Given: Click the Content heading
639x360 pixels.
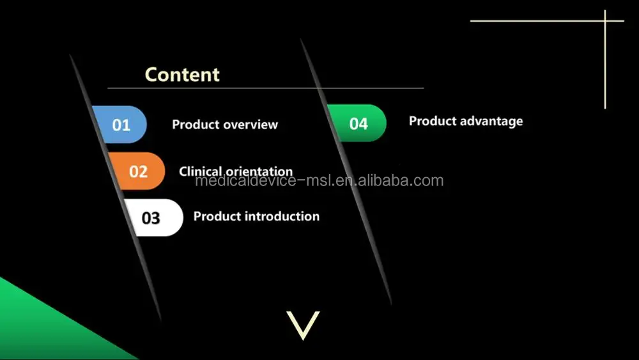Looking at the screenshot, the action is coord(182,75).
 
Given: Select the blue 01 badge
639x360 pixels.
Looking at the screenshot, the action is coord(119,124).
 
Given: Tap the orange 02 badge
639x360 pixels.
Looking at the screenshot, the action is coord(137,171).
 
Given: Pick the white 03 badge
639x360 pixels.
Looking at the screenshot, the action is coord(154,217).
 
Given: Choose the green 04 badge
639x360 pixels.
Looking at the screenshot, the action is coord(357,123).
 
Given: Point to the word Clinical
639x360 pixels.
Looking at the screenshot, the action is coord(199,171).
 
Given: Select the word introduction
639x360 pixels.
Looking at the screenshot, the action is coord(282,216).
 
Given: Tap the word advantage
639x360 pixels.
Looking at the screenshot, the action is coord(495,121).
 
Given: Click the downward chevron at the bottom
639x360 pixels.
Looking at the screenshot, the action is coord(303,325).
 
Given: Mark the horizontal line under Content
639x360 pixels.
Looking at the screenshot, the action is coord(266,88).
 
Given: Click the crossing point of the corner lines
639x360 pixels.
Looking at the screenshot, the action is coord(605,20).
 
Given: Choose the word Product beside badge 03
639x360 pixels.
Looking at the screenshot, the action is coord(217,216).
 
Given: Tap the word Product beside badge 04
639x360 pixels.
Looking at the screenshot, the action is coord(436,121).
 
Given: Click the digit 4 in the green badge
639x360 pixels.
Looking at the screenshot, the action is coord(364,123).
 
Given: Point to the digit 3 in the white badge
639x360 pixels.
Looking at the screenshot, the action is coord(156,218).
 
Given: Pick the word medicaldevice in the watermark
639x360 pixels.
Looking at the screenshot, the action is coord(246,180).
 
